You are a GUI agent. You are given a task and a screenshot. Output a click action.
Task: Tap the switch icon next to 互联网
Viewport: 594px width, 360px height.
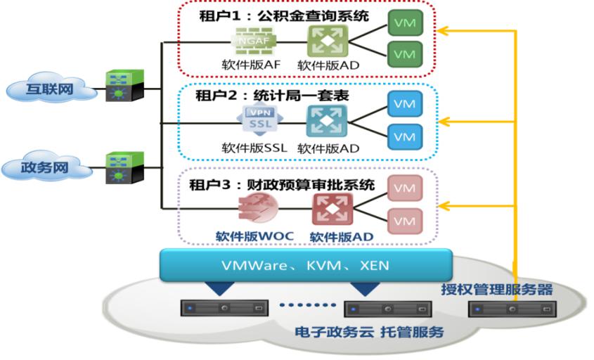(125, 86)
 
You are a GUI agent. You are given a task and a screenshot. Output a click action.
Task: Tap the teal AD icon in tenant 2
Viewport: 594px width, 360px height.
(328, 120)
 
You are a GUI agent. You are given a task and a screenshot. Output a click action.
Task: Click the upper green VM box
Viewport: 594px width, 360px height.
(404, 23)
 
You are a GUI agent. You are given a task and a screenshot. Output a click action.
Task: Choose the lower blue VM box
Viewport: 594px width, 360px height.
(404, 135)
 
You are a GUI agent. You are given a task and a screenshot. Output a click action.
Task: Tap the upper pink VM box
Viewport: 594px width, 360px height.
(404, 188)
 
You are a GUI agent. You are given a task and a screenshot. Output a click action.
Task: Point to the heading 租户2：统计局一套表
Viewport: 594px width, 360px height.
(270, 95)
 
